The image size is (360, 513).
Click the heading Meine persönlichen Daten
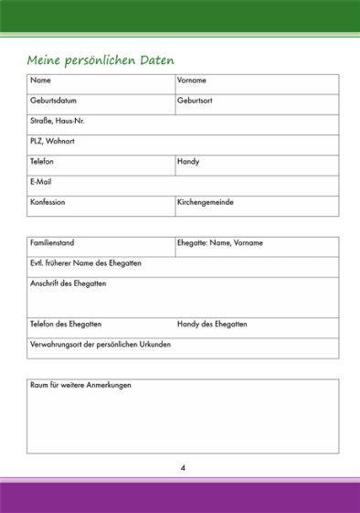[101, 60]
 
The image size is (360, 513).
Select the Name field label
[40, 80]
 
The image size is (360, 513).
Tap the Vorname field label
[192, 80]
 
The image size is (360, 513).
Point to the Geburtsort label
[195, 101]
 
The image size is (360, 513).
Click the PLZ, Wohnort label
[52, 141]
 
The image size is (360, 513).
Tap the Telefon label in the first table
[42, 161]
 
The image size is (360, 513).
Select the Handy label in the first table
[188, 161]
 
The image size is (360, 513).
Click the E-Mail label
[41, 181]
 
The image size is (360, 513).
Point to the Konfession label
[48, 201]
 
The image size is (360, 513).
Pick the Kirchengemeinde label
[206, 201]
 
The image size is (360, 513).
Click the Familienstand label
[52, 243]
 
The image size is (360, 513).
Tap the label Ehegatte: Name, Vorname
[220, 243]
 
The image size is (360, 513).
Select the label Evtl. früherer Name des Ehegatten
[86, 263]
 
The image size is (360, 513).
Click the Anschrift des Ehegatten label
[69, 283]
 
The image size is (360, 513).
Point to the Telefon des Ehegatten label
[66, 324]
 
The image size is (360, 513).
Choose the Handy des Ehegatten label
[212, 324]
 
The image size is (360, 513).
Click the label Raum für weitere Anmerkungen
[80, 385]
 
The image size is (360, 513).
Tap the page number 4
[183, 468]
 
